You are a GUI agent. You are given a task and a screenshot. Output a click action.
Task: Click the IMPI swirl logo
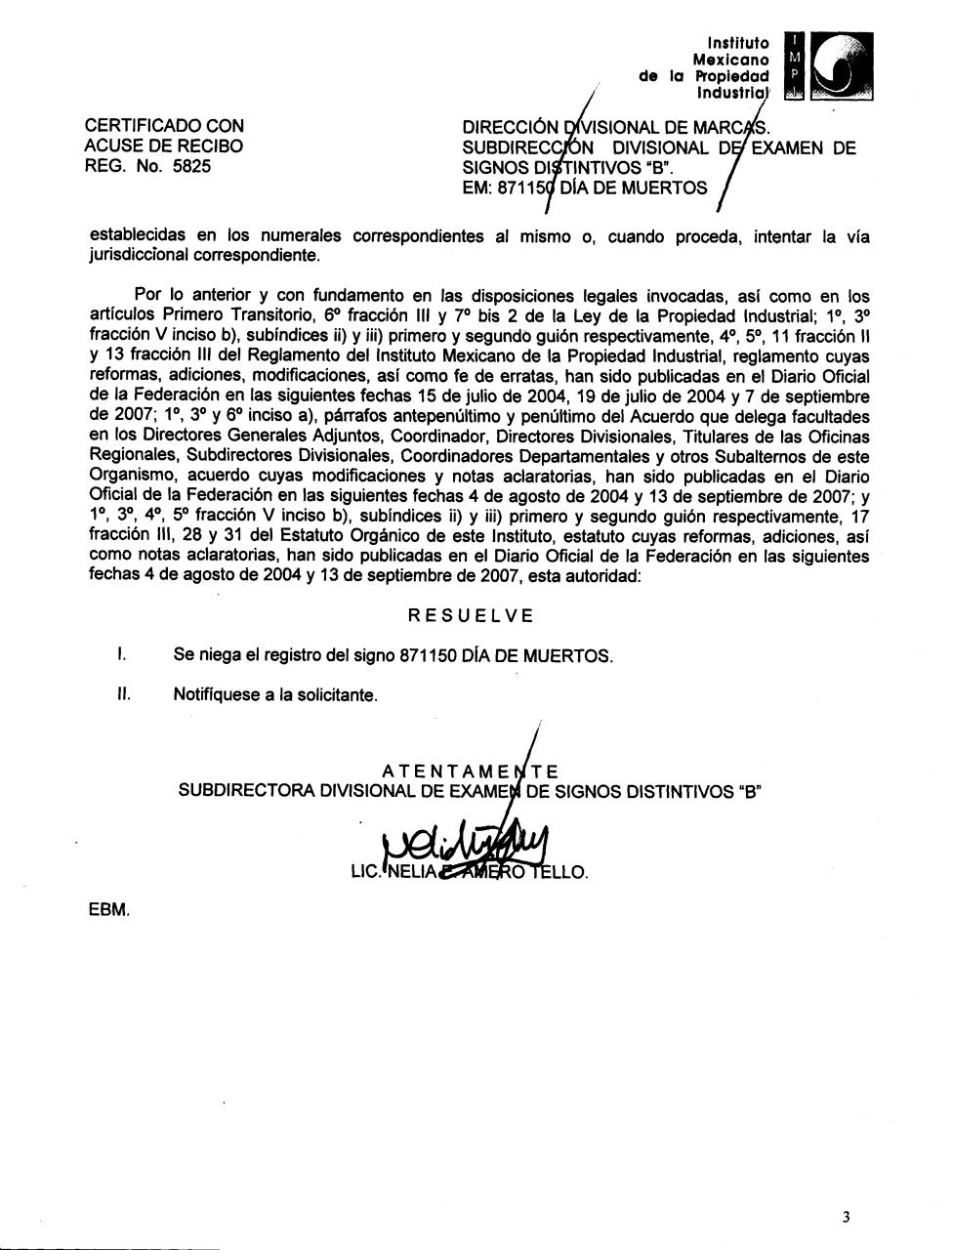(842, 65)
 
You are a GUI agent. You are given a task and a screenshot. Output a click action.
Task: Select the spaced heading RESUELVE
(471, 615)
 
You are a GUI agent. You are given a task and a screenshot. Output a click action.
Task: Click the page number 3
(846, 1217)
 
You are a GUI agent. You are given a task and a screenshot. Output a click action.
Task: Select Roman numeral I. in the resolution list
(119, 654)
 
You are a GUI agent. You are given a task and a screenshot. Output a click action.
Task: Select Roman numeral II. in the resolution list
(122, 694)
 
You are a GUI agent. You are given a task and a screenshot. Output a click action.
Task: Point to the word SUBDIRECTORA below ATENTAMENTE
(246, 792)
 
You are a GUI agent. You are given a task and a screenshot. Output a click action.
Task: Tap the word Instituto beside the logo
(738, 43)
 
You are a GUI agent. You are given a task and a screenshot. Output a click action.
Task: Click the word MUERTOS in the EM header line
(668, 187)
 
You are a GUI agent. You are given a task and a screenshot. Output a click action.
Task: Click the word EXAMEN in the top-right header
(802, 148)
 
